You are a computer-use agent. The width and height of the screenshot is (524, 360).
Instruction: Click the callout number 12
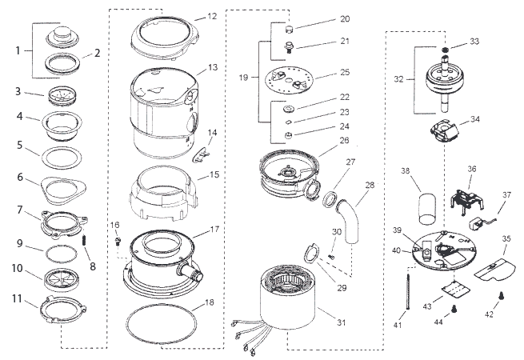(x=211, y=16)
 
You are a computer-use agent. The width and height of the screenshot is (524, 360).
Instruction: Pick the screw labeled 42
(x=502, y=296)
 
